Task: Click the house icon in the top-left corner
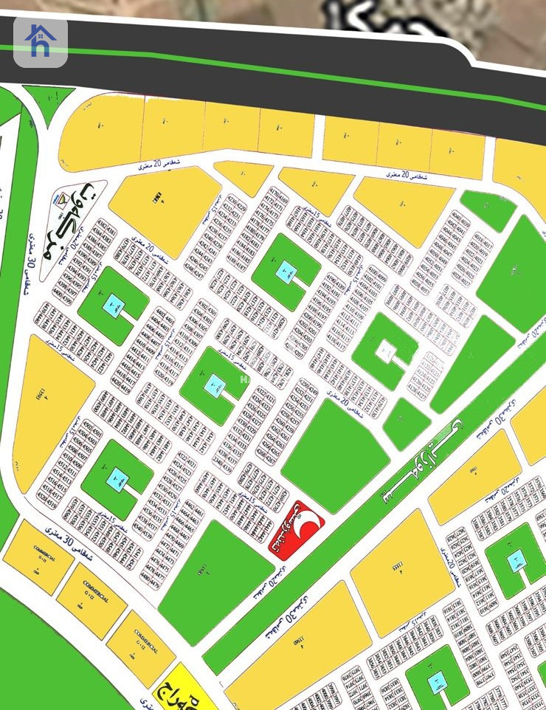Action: (x=41, y=42)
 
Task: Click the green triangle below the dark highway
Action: (x=47, y=100)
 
